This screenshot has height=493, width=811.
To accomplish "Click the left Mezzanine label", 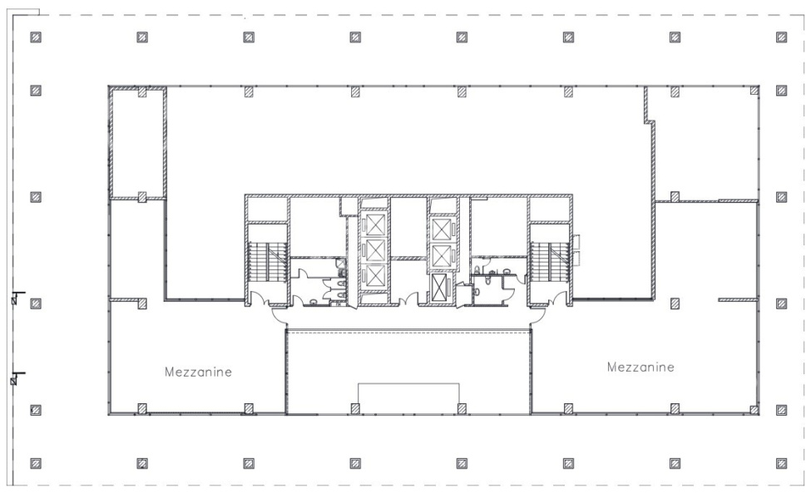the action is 198,372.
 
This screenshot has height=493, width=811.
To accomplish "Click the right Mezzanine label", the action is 640,367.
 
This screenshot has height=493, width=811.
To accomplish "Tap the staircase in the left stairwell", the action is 267,262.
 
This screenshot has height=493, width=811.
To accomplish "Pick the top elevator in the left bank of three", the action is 373,224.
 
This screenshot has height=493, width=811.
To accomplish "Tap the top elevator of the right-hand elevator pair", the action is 441,229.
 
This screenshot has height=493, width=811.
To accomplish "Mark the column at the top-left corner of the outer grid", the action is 36,37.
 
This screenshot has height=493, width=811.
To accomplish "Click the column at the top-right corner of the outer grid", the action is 782,37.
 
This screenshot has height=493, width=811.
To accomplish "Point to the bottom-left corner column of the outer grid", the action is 36,463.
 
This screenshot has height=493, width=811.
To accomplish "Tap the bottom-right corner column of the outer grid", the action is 782,463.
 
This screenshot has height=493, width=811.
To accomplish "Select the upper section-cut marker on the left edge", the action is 17,298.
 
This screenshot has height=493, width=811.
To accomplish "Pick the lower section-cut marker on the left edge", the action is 17,378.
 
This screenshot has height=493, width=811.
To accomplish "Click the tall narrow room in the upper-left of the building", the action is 138,143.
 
